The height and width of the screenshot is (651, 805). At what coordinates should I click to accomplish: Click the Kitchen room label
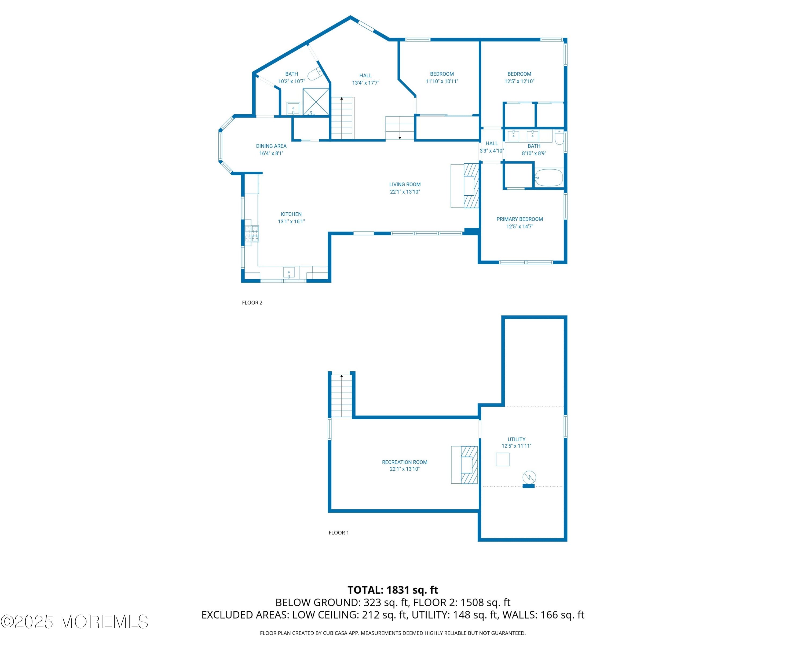291,214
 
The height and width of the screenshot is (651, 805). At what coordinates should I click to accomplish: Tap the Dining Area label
271,146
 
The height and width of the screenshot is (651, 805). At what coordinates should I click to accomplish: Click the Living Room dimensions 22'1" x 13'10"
405,192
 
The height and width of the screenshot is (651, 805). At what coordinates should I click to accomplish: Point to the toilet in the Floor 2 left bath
314,74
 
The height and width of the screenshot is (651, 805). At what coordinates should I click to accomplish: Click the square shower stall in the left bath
316,102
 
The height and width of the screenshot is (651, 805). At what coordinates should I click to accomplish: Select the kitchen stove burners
251,233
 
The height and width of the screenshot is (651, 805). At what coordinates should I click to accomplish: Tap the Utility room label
516,439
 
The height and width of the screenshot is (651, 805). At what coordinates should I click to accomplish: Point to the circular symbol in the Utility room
529,477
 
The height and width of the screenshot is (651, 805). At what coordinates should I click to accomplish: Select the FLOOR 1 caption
339,532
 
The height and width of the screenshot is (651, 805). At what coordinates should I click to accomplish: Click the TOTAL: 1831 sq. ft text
393,590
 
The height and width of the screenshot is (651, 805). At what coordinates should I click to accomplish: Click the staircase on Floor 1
341,396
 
